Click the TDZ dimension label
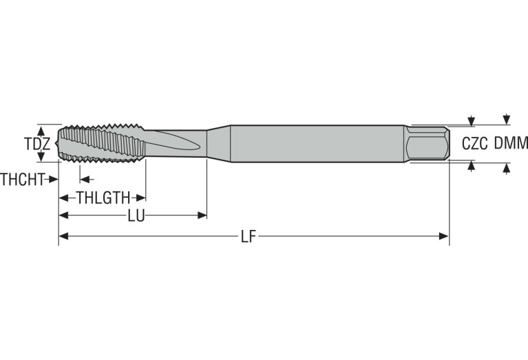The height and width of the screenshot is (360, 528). pyautogui.click(x=36, y=144)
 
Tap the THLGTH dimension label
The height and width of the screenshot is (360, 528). pyautogui.click(x=103, y=198)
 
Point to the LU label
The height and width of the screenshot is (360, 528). pyautogui.click(x=136, y=216)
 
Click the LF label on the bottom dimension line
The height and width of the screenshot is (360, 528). pyautogui.click(x=249, y=237)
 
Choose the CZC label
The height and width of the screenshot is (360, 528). pyautogui.click(x=474, y=144)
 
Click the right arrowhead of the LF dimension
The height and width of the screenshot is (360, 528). pyautogui.click(x=444, y=237)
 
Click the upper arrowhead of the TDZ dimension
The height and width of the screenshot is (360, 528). pyautogui.click(x=41, y=129)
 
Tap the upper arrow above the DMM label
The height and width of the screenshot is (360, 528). pyautogui.click(x=507, y=118)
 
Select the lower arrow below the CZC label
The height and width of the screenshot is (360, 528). pyautogui.click(x=472, y=166)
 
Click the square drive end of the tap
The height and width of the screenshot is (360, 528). pyautogui.click(x=427, y=144)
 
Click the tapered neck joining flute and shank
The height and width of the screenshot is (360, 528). pyautogui.click(x=218, y=143)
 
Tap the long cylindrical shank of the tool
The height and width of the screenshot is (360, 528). pyautogui.click(x=317, y=143)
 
